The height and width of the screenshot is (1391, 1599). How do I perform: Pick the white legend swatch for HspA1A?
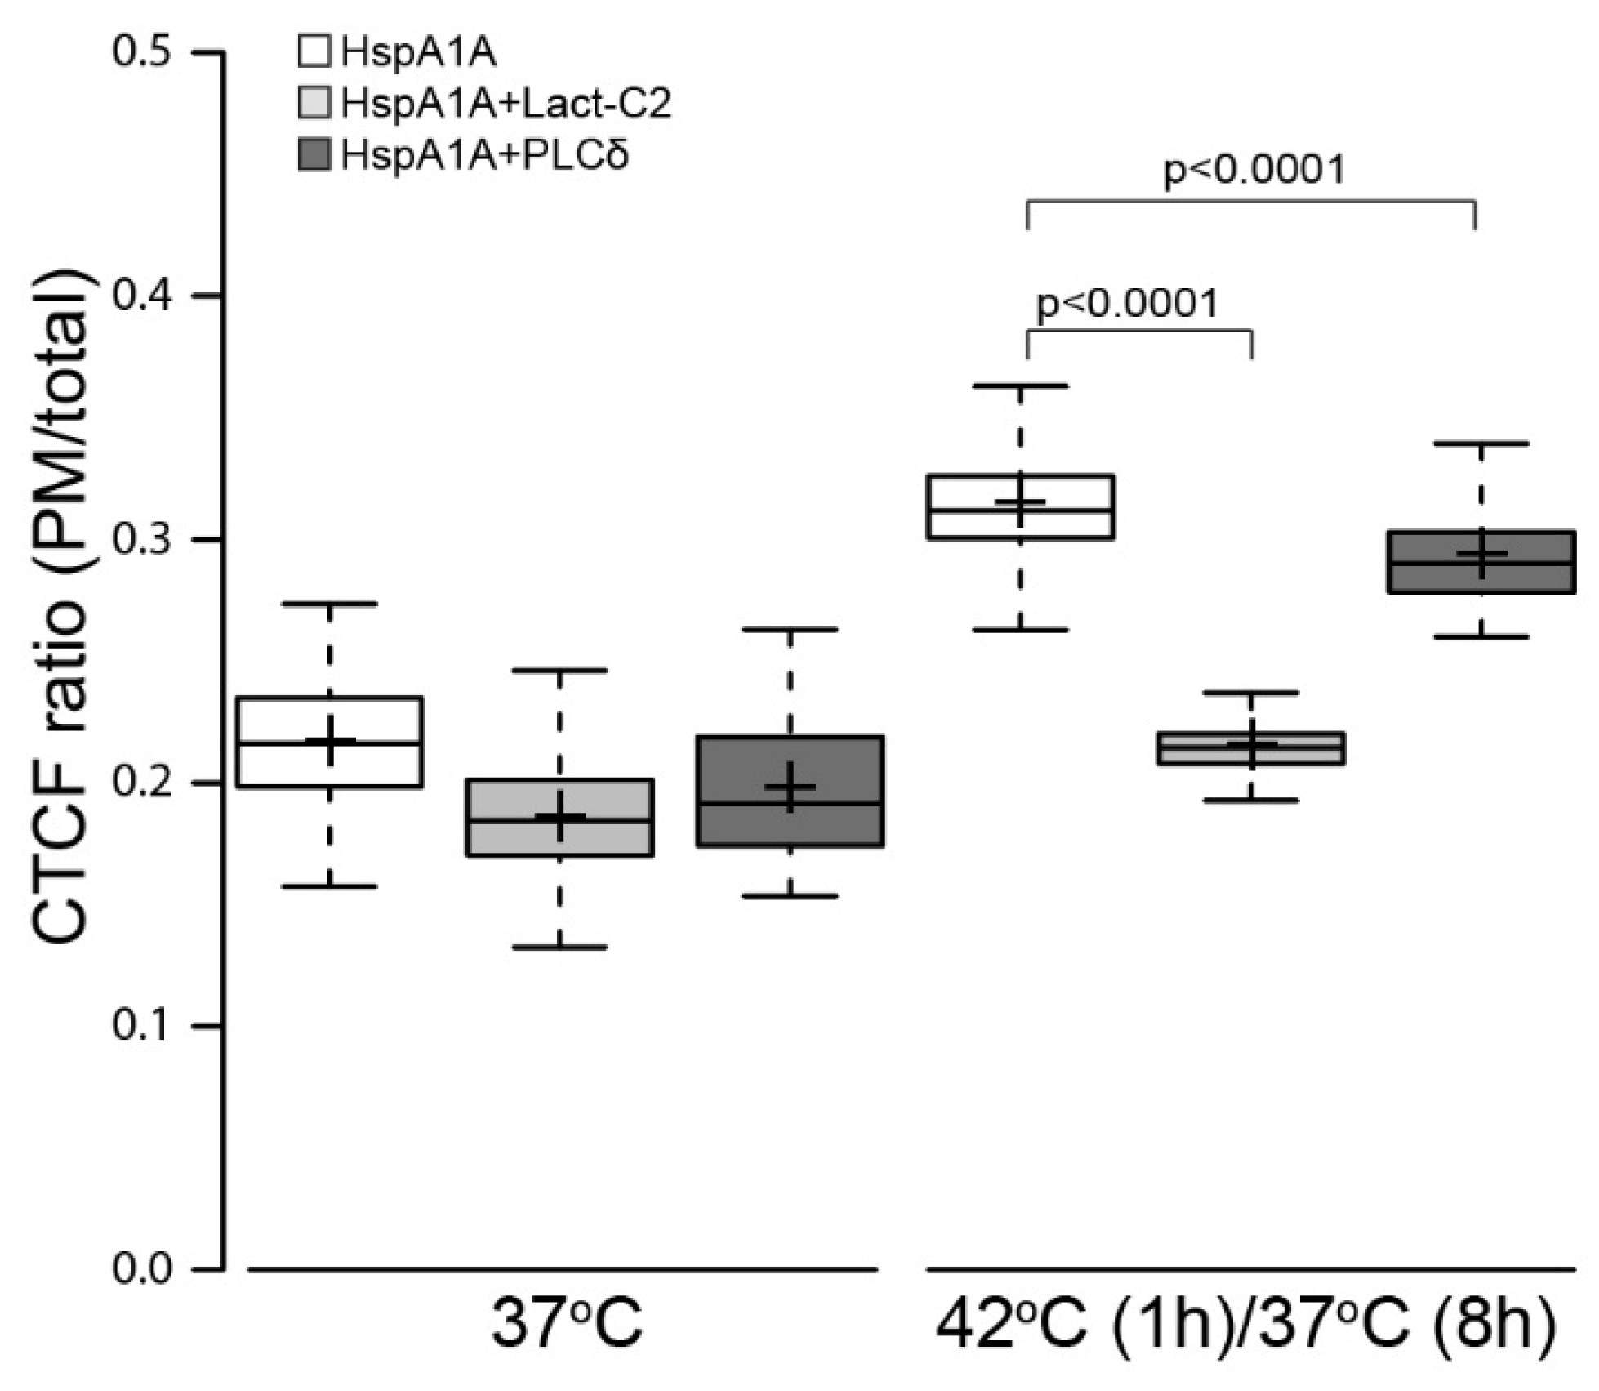(314, 51)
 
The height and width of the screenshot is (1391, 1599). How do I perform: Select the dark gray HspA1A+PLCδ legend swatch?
(314, 154)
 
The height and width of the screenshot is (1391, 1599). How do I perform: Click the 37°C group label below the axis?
(566, 1328)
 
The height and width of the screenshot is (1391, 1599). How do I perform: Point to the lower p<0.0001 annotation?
(1127, 304)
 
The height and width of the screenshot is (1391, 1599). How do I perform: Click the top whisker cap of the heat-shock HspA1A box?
(1020, 386)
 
